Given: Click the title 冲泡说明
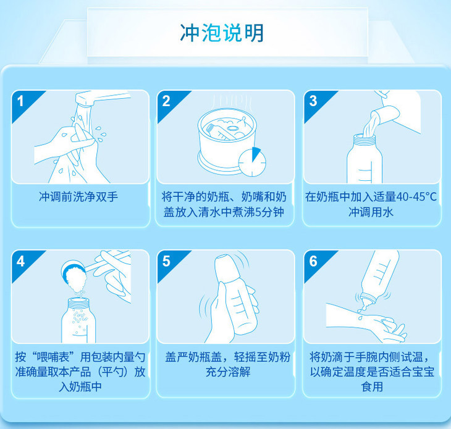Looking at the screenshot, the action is pyautogui.click(x=222, y=33).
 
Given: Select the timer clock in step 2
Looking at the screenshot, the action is pyautogui.click(x=252, y=162).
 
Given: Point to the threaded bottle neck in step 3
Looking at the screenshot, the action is pyautogui.click(x=364, y=140).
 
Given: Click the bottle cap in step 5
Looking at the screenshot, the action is pyautogui.click(x=226, y=268).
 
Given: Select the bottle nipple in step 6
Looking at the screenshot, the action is pyautogui.click(x=367, y=301).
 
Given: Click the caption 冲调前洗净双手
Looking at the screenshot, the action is pyautogui.click(x=78, y=197).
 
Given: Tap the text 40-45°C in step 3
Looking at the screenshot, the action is pyautogui.click(x=416, y=197).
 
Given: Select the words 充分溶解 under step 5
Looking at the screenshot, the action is pyautogui.click(x=228, y=372).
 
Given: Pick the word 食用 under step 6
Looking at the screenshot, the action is pyautogui.click(x=372, y=387).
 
